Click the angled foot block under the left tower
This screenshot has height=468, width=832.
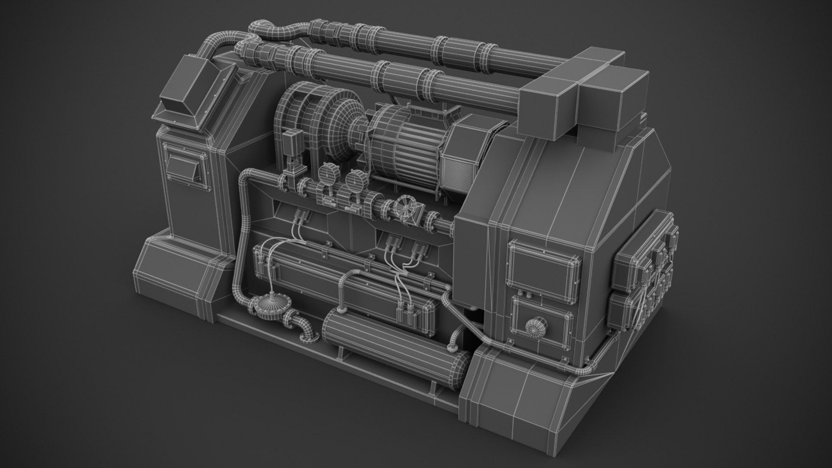click(x=182, y=269)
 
